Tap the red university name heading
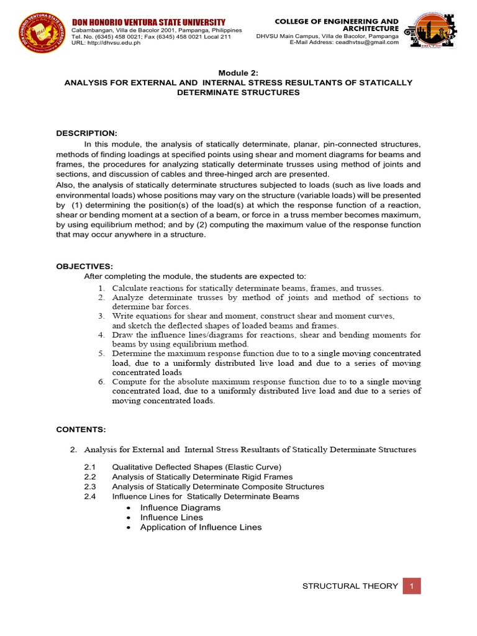(148, 23)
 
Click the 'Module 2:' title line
(238, 72)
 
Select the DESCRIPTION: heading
(86, 134)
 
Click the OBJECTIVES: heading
(84, 266)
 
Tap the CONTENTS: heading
(81, 429)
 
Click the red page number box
(411, 586)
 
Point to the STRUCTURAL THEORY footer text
(350, 586)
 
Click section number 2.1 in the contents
(90, 467)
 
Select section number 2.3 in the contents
(90, 487)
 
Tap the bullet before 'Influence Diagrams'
(128, 508)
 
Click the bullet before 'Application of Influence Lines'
(128, 528)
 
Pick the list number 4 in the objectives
(102, 335)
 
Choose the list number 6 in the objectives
(102, 381)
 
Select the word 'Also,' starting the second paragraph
(66, 184)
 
